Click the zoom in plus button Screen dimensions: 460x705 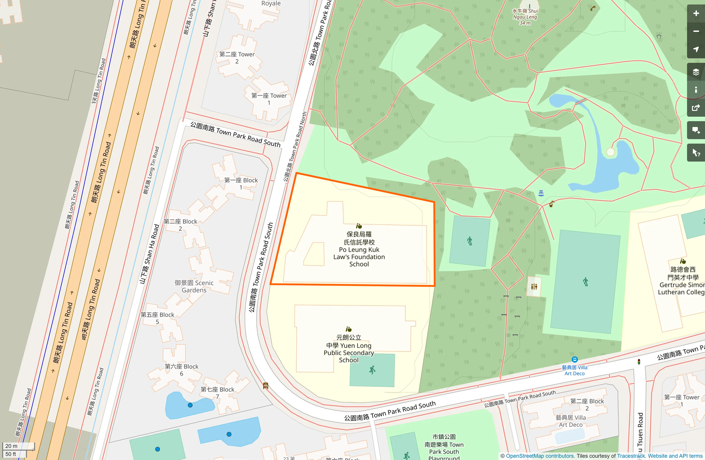pos(696,13)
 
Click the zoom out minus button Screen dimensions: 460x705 pos(696,31)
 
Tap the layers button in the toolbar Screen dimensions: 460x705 pos(696,72)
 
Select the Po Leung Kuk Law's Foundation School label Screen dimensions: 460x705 pos(359,250)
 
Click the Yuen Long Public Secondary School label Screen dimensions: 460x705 pos(349,349)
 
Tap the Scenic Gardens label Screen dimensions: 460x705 pos(194,286)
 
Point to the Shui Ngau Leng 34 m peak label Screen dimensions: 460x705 pos(525,17)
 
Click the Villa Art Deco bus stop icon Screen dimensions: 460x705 pos(574,359)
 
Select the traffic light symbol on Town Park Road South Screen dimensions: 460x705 pos(639,361)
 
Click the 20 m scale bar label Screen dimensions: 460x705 pos(12,446)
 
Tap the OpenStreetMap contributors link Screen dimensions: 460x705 pos(540,456)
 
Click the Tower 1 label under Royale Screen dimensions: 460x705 pos(269,99)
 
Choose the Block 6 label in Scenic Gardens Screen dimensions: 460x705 pos(181,370)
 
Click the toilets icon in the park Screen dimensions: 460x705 pos(534,286)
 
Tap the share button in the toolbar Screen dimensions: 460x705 pos(696,108)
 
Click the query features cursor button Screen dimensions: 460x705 pos(696,153)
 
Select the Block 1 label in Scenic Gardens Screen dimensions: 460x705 pos(241,184)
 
